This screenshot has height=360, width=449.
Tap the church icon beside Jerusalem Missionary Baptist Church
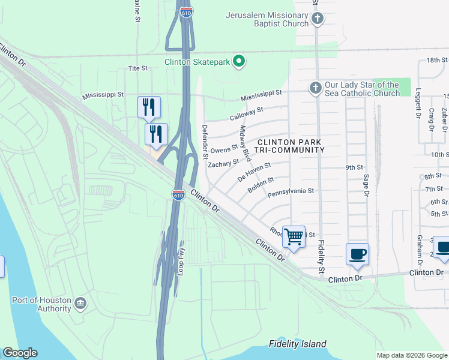(x=318, y=19)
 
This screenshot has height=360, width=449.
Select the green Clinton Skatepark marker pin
(x=239, y=61)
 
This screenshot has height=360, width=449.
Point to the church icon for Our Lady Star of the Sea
(x=315, y=89)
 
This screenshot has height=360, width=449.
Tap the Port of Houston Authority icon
(x=80, y=305)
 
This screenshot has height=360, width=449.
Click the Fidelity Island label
(x=298, y=344)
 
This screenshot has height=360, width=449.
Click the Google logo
(x=20, y=353)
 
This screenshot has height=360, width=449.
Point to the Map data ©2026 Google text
(x=412, y=355)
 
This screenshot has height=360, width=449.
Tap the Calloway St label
(x=247, y=113)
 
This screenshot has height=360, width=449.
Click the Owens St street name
(x=225, y=149)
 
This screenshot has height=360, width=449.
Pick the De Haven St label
(x=255, y=172)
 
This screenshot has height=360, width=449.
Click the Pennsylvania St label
(x=291, y=192)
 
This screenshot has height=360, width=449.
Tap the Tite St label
(x=137, y=68)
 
